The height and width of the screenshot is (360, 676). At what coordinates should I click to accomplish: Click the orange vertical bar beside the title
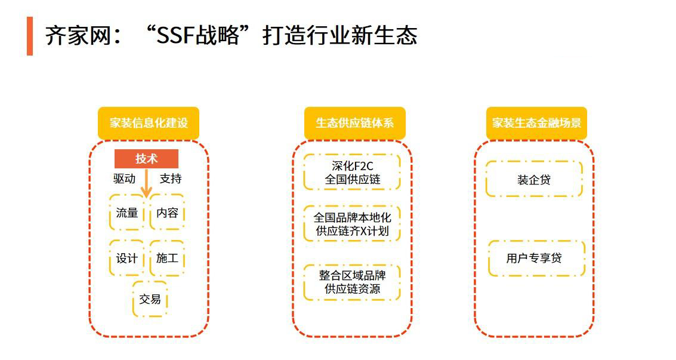click(30, 36)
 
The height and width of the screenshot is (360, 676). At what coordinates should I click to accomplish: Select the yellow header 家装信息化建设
click(149, 123)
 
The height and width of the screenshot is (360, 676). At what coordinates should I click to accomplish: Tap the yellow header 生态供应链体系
click(355, 123)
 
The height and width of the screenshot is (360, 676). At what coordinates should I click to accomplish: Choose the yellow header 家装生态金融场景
click(537, 123)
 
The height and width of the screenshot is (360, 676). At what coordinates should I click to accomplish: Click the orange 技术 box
click(147, 159)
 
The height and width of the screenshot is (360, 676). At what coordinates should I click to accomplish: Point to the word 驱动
click(124, 179)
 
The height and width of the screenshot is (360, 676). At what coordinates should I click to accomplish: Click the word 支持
click(171, 179)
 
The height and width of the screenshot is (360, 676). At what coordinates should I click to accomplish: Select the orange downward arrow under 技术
click(147, 183)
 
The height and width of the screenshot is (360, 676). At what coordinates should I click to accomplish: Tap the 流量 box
click(126, 213)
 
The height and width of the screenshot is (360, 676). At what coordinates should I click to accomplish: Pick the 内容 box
click(167, 213)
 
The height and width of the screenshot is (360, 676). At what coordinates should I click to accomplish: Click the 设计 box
click(126, 259)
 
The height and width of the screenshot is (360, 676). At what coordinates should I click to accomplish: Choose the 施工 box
click(167, 259)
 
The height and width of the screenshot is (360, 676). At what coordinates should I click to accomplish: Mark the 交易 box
click(150, 299)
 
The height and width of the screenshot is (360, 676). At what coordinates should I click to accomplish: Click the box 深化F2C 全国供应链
click(352, 173)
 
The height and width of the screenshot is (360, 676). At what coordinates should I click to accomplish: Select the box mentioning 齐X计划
click(352, 224)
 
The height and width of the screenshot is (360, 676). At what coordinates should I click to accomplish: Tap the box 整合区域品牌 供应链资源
click(352, 282)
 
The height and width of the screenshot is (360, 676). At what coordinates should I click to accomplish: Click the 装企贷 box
click(534, 179)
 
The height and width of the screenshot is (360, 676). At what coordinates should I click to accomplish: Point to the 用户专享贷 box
click(537, 259)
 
